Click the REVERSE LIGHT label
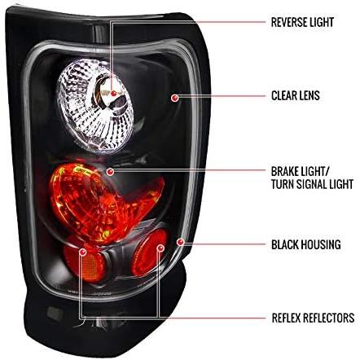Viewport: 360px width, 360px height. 302,22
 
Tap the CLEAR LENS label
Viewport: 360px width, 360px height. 296,95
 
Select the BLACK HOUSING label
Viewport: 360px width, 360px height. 306,244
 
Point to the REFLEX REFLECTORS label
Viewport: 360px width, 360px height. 313,318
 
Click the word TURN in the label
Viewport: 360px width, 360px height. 283,184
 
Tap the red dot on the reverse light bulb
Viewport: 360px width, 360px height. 113,94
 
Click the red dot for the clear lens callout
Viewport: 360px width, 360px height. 175,98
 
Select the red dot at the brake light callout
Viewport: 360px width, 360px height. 110,172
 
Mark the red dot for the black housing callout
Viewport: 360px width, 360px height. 180,242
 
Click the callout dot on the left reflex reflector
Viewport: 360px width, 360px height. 82,252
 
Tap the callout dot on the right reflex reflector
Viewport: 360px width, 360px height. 160,248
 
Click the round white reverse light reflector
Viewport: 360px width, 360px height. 94,107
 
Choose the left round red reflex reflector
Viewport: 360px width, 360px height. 84,258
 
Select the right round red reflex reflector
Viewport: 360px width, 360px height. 149,253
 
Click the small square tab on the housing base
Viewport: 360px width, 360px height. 55,314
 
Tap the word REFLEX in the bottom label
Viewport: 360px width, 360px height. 286,318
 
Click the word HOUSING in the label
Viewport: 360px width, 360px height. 323,244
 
